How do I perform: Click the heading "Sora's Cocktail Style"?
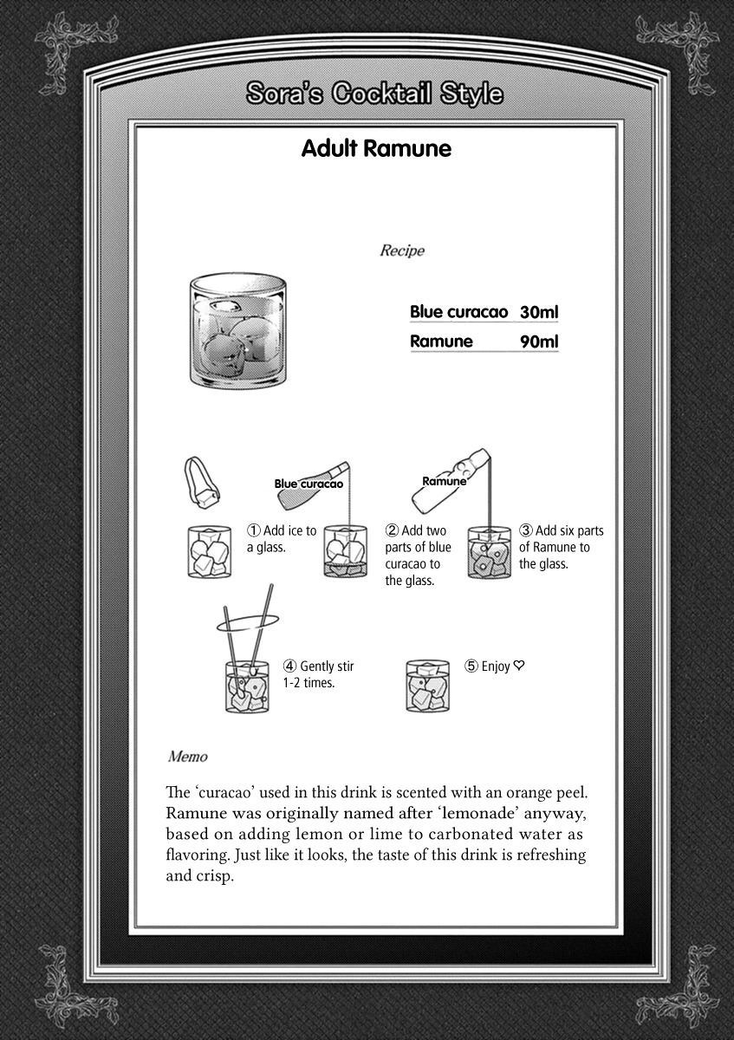373,94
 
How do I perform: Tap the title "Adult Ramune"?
376,148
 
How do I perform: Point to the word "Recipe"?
402,250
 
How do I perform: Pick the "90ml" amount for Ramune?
539,341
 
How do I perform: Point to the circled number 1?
254,530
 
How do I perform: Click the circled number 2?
392,530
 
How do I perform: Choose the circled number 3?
526,530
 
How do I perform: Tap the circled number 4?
289,666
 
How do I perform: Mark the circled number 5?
471,666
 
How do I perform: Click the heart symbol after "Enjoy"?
519,666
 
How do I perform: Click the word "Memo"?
188,757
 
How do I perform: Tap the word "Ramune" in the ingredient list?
441,341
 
